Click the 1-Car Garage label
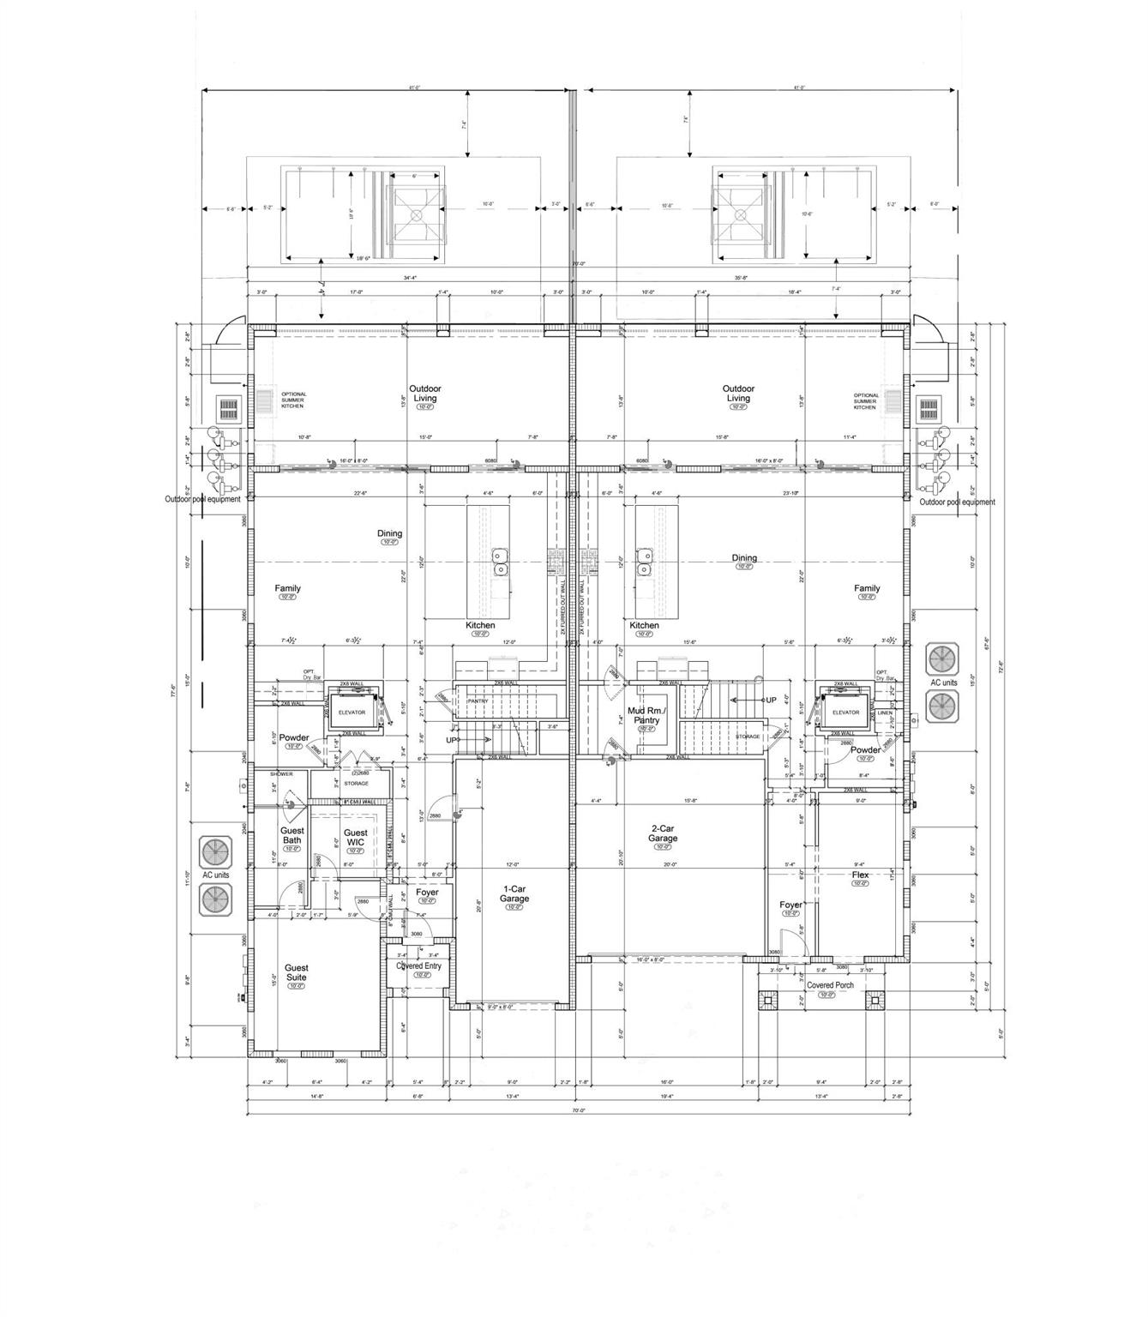[514, 893]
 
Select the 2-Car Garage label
[663, 833]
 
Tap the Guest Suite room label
[296, 972]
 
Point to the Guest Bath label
[292, 835]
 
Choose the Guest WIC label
[356, 838]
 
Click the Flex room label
[860, 875]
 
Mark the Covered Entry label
[418, 965]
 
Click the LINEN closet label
[885, 713]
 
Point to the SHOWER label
[281, 774]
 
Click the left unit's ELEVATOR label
[352, 713]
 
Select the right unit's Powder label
[866, 749]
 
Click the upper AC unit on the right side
[943, 659]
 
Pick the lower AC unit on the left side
[216, 899]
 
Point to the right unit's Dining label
[744, 558]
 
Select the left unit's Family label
[287, 588]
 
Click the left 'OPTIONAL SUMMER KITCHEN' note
[294, 400]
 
